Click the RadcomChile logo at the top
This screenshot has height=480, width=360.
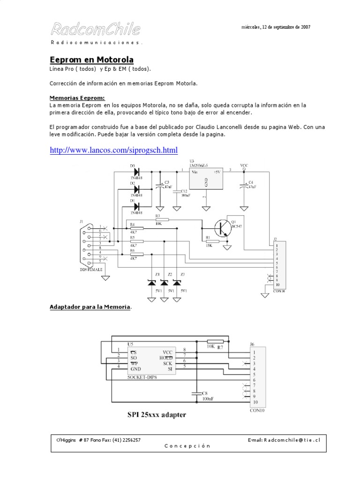pos(96,30)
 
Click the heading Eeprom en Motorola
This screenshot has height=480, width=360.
pos(92,60)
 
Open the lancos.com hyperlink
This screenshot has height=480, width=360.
pos(114,150)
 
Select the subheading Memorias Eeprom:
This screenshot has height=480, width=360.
pos(77,98)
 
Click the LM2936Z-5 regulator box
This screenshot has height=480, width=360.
pos(206,179)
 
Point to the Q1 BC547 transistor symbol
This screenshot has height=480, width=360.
pos(221,228)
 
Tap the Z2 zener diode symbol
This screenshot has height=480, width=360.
pos(164,283)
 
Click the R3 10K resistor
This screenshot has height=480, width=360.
pos(161,219)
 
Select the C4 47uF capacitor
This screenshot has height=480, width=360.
pos(244,186)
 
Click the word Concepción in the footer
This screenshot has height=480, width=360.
pos(187,446)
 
